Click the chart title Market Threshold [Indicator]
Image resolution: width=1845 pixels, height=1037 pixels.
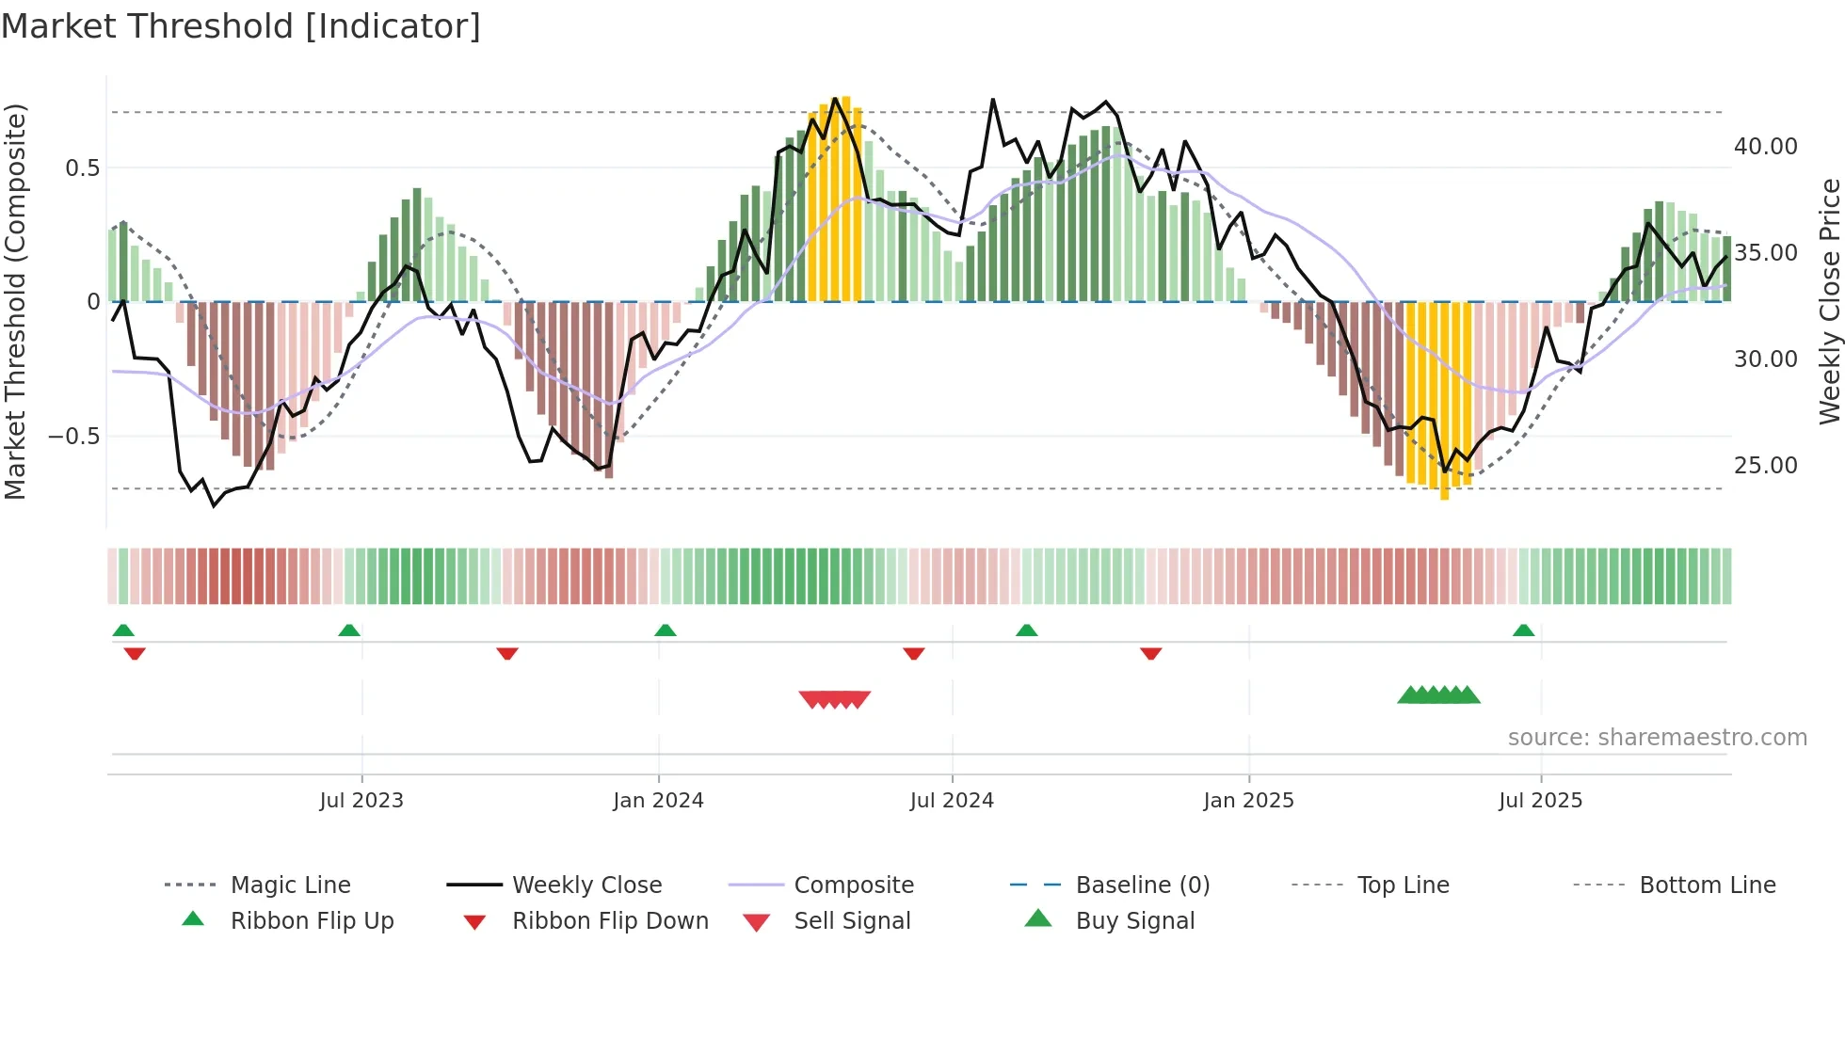(x=241, y=26)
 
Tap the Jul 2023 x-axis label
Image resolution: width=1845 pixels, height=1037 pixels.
(x=361, y=801)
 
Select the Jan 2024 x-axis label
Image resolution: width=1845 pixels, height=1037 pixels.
(x=658, y=801)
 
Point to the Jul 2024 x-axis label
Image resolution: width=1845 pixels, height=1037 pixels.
(x=952, y=801)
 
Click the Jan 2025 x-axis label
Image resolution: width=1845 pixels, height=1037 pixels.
(x=1248, y=801)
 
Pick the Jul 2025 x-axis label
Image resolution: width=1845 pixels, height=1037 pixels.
(x=1540, y=801)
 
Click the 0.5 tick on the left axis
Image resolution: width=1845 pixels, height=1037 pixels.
(x=82, y=168)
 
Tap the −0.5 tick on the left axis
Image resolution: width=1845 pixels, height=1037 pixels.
(x=73, y=437)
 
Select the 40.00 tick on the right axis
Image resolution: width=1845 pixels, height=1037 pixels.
(x=1765, y=147)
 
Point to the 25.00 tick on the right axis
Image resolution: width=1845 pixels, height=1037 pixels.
(x=1765, y=466)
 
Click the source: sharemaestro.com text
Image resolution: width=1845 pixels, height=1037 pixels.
(x=1657, y=738)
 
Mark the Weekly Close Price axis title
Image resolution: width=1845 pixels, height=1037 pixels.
(x=1829, y=301)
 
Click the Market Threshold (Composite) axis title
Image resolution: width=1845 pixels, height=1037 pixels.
(x=15, y=301)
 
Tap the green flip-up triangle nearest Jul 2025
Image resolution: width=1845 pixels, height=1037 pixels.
(x=1523, y=630)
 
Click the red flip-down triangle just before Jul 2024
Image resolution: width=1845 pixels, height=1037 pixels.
(x=913, y=653)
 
